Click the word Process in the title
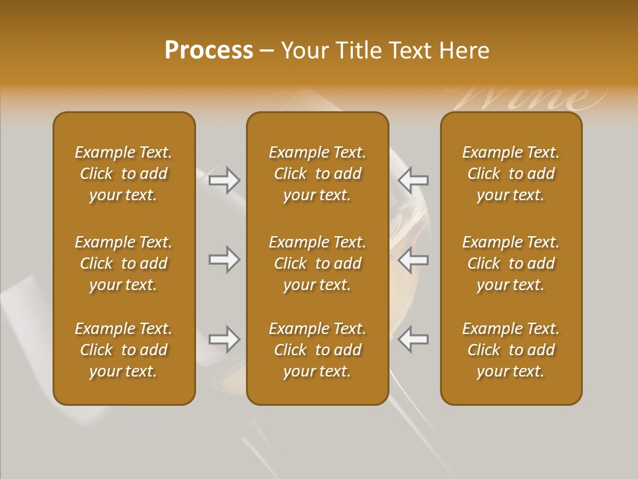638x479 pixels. click(x=209, y=51)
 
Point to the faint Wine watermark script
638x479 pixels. click(x=532, y=97)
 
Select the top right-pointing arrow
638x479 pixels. click(x=224, y=180)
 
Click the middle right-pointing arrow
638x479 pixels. click(x=224, y=259)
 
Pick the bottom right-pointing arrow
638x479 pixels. click(x=224, y=339)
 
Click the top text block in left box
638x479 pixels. click(x=124, y=174)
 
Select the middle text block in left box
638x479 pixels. click(x=124, y=263)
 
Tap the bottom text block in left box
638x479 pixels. click(x=124, y=350)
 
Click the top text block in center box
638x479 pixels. click(x=317, y=174)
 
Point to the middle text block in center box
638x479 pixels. click(x=317, y=263)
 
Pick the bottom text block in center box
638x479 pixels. click(x=317, y=350)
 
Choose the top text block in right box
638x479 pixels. click(x=511, y=174)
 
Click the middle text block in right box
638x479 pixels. click(x=511, y=263)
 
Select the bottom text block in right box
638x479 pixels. click(x=511, y=350)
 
